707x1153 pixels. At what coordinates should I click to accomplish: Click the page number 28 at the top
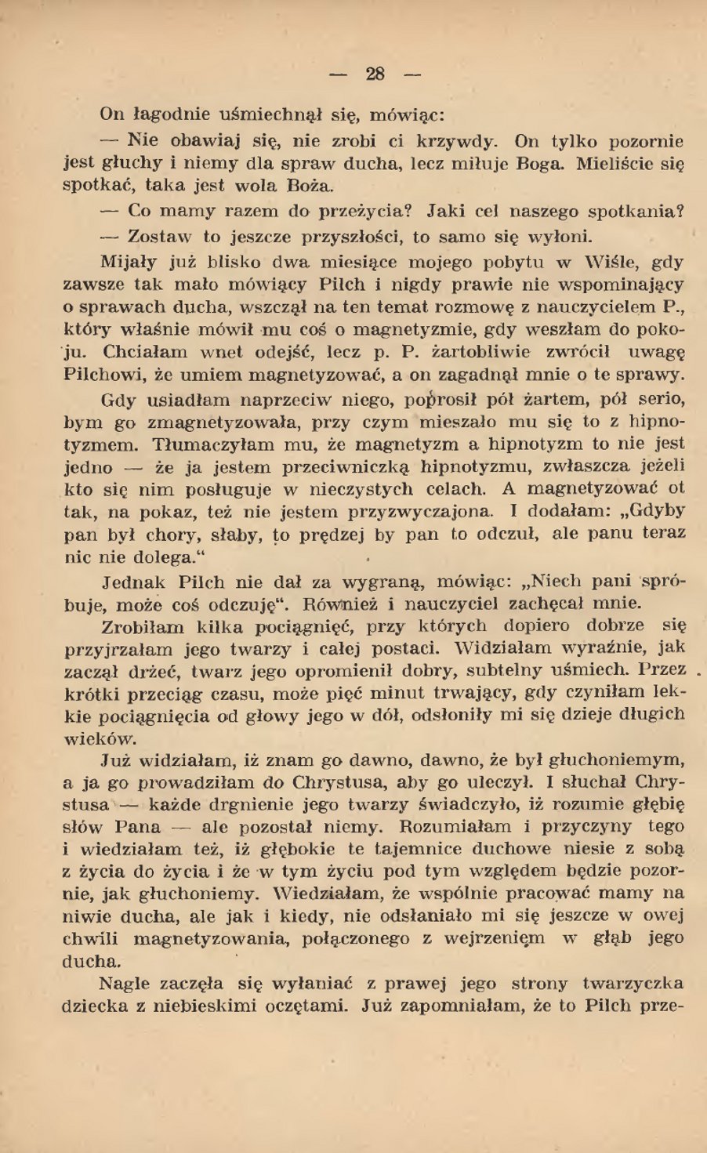click(x=375, y=74)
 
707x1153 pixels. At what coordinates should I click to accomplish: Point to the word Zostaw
click(x=161, y=236)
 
